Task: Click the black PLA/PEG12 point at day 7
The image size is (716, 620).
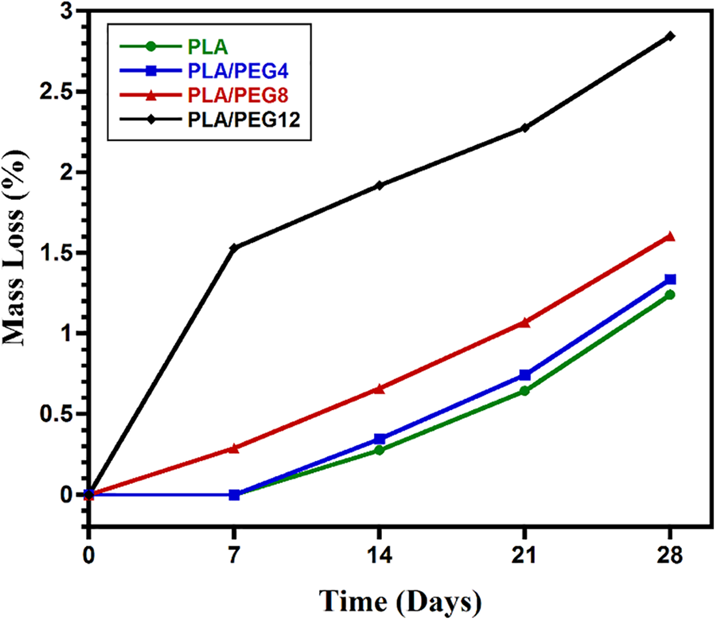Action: (234, 248)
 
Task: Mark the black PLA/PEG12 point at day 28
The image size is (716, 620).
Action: (670, 36)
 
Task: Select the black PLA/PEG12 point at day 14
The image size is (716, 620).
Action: (379, 185)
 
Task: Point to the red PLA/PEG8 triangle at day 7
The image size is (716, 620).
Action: (234, 448)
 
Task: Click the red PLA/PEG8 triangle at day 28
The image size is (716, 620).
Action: (670, 236)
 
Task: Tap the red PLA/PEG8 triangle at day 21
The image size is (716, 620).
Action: (524, 322)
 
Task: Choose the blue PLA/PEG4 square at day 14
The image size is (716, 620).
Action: (379, 439)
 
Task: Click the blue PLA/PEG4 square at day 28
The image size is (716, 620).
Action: (670, 279)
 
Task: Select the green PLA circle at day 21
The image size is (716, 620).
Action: (524, 391)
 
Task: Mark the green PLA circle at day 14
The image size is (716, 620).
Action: (379, 450)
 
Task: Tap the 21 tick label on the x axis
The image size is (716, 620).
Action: (524, 556)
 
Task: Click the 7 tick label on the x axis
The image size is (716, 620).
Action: (234, 556)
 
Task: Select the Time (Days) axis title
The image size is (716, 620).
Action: (399, 598)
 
